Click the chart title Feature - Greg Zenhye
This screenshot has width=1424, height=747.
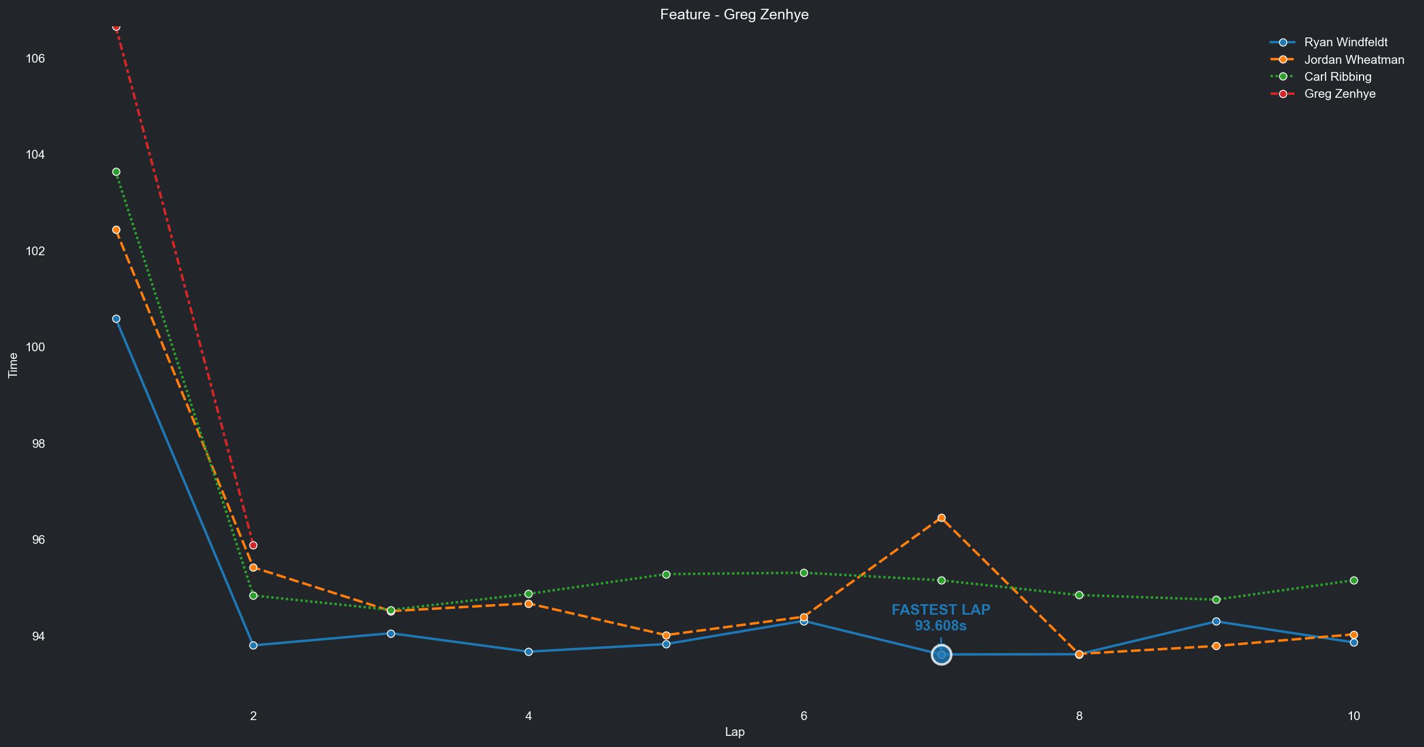coord(734,15)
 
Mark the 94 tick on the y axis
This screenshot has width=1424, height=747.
coord(37,636)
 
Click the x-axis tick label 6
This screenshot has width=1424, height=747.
coord(804,716)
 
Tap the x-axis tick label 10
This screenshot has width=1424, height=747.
coord(1353,716)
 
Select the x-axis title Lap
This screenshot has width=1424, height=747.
coord(734,732)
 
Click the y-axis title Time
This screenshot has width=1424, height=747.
coord(13,365)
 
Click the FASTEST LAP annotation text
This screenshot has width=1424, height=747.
coord(941,610)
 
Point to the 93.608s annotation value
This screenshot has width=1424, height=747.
coord(941,626)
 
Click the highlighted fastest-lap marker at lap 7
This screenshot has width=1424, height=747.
coord(941,655)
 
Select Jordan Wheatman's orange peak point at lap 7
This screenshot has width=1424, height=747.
coord(941,518)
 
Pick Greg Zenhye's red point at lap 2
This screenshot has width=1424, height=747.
coord(253,545)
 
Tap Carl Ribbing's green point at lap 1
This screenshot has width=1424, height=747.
coord(116,172)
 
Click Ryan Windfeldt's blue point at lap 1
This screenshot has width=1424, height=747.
coord(116,318)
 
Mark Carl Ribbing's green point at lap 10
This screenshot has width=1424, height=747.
coord(1354,580)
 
